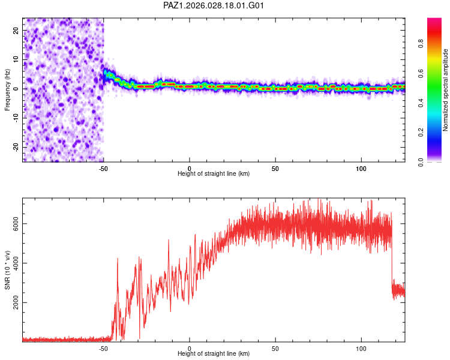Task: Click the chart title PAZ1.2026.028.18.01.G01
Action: coord(214,5)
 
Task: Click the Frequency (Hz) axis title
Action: coord(7,90)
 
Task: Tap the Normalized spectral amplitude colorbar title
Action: coord(446,90)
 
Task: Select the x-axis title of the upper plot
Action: coord(214,173)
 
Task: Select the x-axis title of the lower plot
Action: coord(214,353)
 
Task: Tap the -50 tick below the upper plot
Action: coord(103,167)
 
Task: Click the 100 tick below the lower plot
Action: coord(362,348)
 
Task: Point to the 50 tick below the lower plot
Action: coord(275,348)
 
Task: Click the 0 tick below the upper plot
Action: coord(190,167)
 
